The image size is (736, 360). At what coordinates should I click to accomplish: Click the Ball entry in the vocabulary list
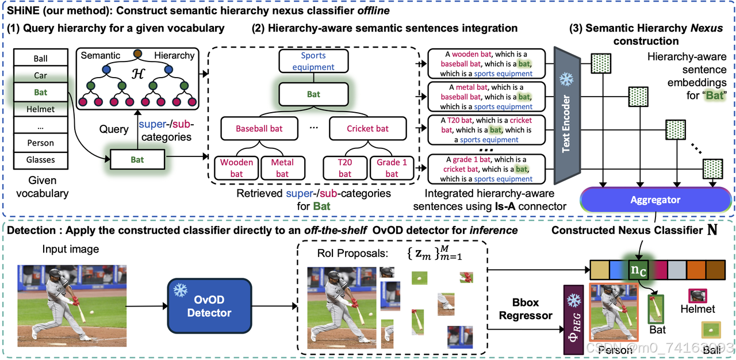40,59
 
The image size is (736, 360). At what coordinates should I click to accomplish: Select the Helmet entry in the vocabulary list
40,109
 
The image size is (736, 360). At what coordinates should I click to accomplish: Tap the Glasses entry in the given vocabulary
40,159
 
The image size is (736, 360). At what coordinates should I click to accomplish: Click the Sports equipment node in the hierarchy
313,62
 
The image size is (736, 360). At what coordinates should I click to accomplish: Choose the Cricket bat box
368,129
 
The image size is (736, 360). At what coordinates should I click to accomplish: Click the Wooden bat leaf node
236,168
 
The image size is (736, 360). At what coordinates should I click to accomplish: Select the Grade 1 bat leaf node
392,168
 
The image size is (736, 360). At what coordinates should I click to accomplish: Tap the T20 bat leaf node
344,168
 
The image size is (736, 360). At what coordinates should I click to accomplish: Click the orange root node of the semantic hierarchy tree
137,53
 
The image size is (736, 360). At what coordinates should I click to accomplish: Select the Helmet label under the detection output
697,309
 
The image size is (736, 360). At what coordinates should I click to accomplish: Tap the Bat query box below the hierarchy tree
137,160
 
